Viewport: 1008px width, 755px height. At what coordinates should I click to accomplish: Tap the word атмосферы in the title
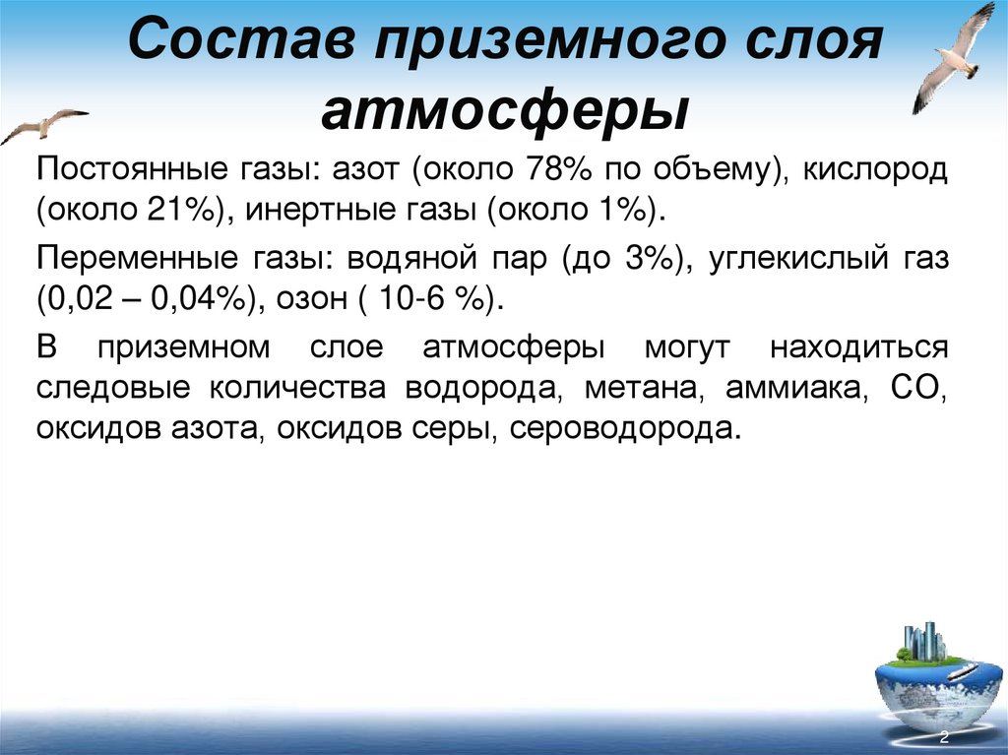[503, 109]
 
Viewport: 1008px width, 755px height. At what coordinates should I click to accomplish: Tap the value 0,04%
[196, 300]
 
